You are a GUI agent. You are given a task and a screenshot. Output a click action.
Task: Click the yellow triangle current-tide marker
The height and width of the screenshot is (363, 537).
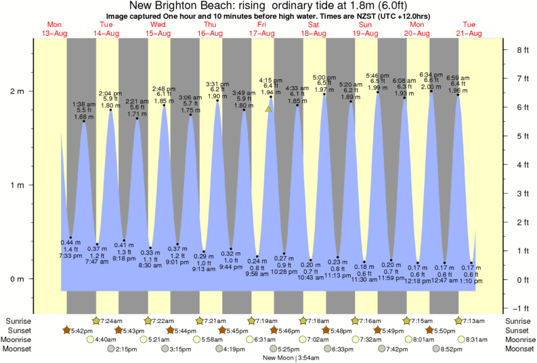click(269, 108)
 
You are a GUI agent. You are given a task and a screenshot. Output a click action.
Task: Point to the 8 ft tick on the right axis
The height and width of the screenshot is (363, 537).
click(522, 49)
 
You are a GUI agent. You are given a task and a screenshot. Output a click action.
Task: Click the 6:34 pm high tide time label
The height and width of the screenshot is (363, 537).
click(431, 74)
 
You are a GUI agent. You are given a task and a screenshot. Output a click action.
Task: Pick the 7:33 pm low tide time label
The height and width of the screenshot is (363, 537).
click(70, 255)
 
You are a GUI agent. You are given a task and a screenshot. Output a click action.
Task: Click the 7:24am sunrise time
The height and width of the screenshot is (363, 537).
click(112, 320)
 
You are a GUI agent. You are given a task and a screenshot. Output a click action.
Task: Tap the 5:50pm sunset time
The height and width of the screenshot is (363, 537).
click(443, 330)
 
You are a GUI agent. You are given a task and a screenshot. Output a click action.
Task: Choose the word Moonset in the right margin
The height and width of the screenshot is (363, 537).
click(518, 349)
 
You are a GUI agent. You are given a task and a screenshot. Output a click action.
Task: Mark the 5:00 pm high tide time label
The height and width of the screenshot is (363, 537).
click(324, 78)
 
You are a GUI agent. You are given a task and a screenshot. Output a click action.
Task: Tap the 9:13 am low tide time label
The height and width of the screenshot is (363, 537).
click(204, 268)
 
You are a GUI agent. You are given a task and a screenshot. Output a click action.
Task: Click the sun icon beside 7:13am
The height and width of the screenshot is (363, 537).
click(460, 320)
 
